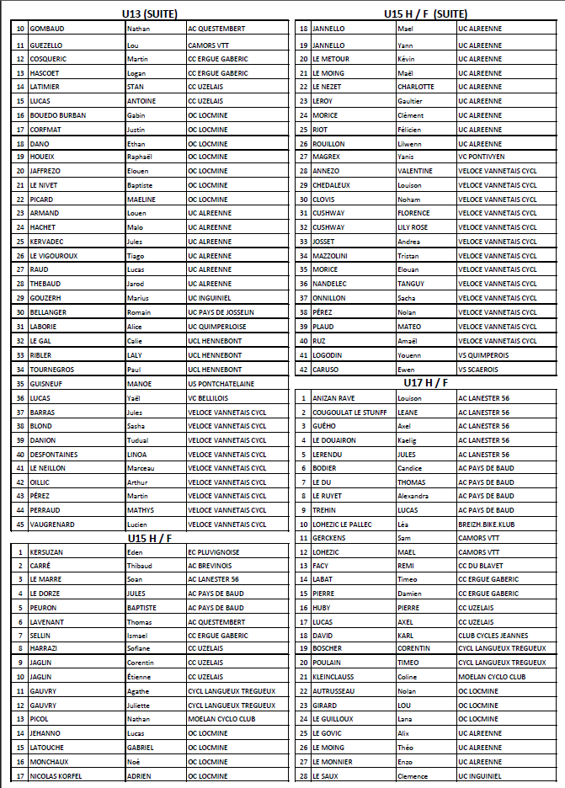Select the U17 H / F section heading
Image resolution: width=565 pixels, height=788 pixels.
coord(426,383)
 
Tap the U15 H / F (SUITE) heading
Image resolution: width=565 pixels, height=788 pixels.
coord(425,14)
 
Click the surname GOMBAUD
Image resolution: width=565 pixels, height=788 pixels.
coord(47,29)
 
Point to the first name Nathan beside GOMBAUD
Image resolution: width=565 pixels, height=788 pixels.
coord(137,29)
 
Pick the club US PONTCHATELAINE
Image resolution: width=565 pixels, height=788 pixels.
coord(221,384)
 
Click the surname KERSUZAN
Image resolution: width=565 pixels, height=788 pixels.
coord(47,551)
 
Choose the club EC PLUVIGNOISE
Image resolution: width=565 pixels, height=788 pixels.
coord(216,551)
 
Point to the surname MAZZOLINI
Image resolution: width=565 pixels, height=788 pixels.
coord(330,255)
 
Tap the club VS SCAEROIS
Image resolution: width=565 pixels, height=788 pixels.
coord(479,370)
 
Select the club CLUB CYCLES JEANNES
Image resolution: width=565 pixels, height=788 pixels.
coord(493,636)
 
